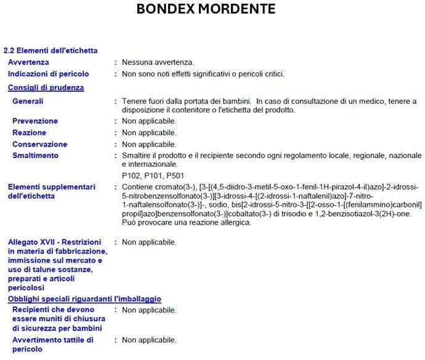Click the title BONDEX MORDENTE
[206, 9]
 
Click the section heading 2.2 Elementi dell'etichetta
[51, 50]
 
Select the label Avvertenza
[28, 62]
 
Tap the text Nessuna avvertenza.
[158, 62]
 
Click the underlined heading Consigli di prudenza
[46, 87]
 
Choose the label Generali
[28, 101]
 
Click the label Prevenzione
[35, 121]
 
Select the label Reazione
[30, 133]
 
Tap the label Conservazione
[40, 145]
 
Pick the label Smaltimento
[36, 156]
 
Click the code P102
[131, 175]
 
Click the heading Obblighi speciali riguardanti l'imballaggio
[84, 299]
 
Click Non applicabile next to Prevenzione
[149, 121]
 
